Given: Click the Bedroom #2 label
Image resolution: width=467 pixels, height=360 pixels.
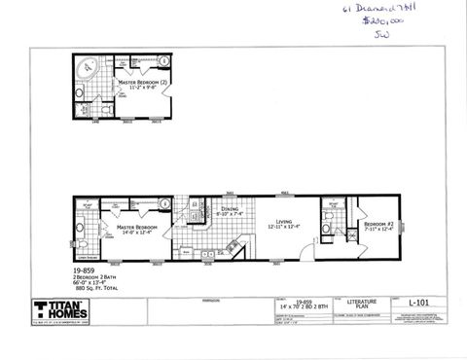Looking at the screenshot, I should click(378, 223).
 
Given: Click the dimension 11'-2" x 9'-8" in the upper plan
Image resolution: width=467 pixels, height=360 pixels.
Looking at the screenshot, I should click(146, 89).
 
